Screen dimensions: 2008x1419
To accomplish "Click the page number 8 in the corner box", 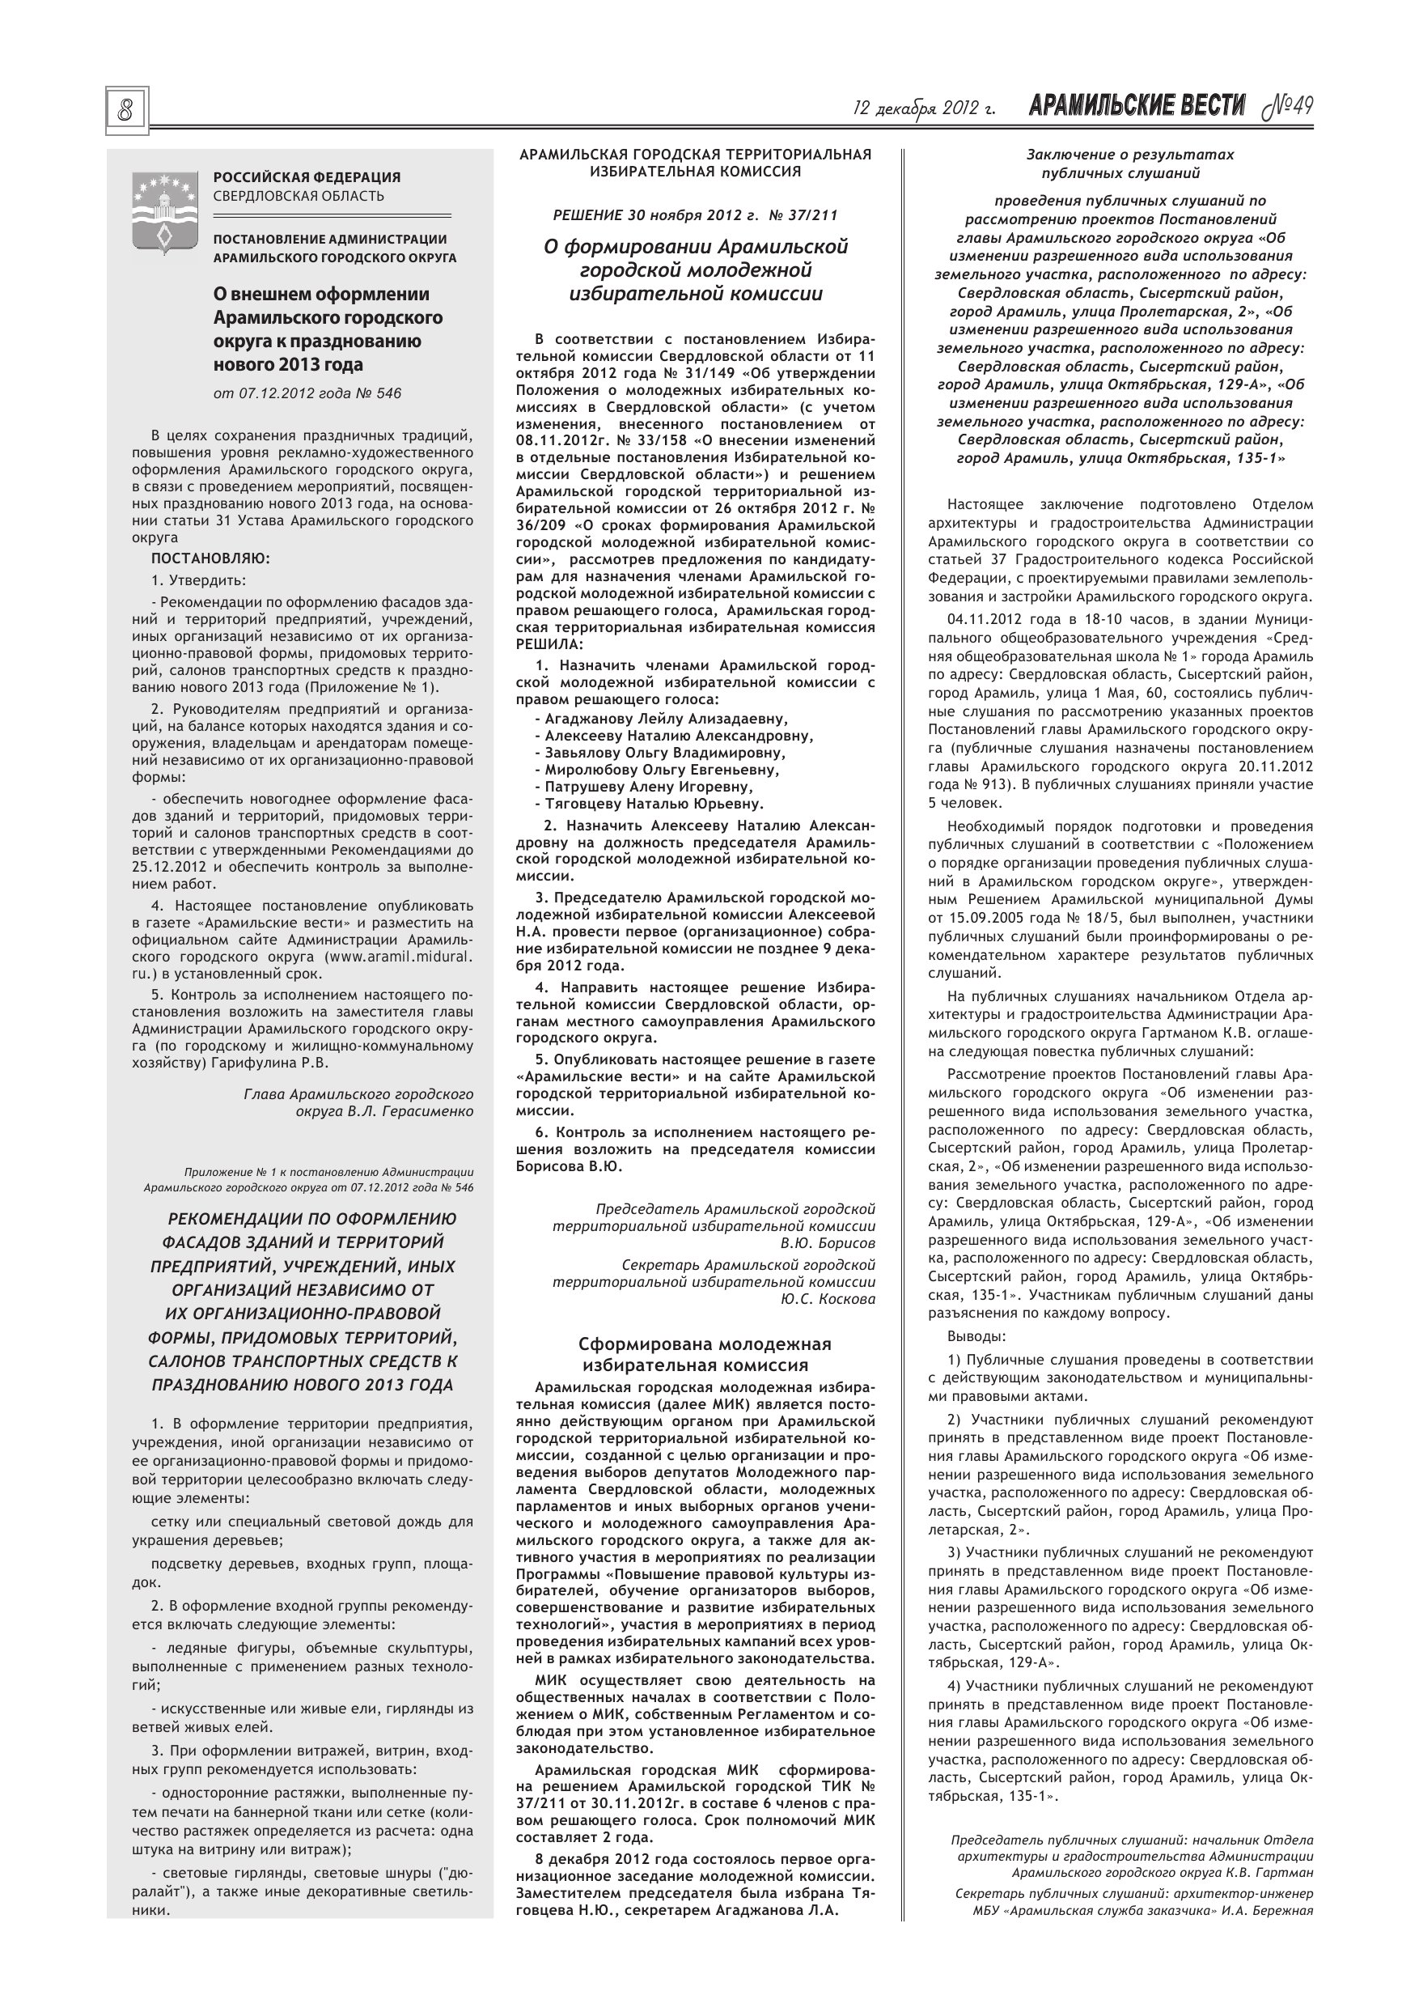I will (x=127, y=111).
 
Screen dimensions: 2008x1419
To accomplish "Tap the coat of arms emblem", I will (x=163, y=214).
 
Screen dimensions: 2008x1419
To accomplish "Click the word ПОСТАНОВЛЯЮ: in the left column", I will (x=210, y=558).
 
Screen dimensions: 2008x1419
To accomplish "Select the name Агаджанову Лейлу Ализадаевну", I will (x=665, y=719).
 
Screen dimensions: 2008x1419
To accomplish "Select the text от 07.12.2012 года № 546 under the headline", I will (x=307, y=393).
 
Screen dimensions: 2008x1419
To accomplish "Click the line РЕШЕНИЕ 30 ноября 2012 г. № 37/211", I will (x=695, y=214).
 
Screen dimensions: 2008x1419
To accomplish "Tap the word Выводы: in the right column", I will (x=976, y=1337).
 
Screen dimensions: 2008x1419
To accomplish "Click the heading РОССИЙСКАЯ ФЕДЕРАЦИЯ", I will (x=307, y=177).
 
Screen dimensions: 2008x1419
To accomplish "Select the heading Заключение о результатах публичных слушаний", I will (x=1129, y=163).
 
